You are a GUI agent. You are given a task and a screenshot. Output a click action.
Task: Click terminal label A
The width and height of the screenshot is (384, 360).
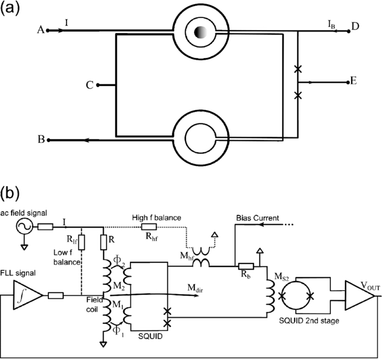pyautogui.click(x=40, y=31)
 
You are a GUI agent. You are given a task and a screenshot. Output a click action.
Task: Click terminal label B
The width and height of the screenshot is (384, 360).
pyautogui.click(x=40, y=140)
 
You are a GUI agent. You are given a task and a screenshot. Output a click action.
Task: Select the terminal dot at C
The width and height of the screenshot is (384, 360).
pyautogui.click(x=97, y=85)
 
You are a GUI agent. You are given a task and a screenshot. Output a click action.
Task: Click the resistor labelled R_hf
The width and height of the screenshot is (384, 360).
pyautogui.click(x=149, y=226)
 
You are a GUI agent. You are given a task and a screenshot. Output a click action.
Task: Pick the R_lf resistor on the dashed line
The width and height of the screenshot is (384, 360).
pyautogui.click(x=81, y=242)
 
